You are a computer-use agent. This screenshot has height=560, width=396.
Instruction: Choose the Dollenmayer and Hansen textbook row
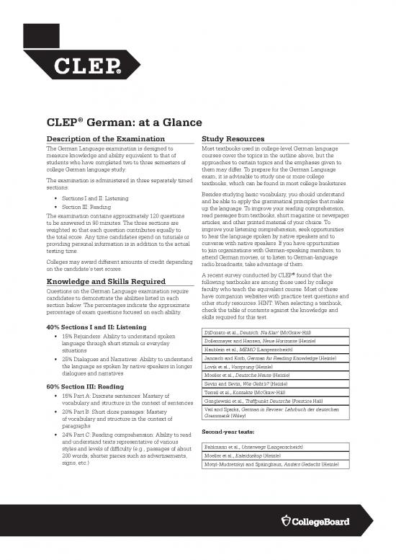point(258,339)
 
